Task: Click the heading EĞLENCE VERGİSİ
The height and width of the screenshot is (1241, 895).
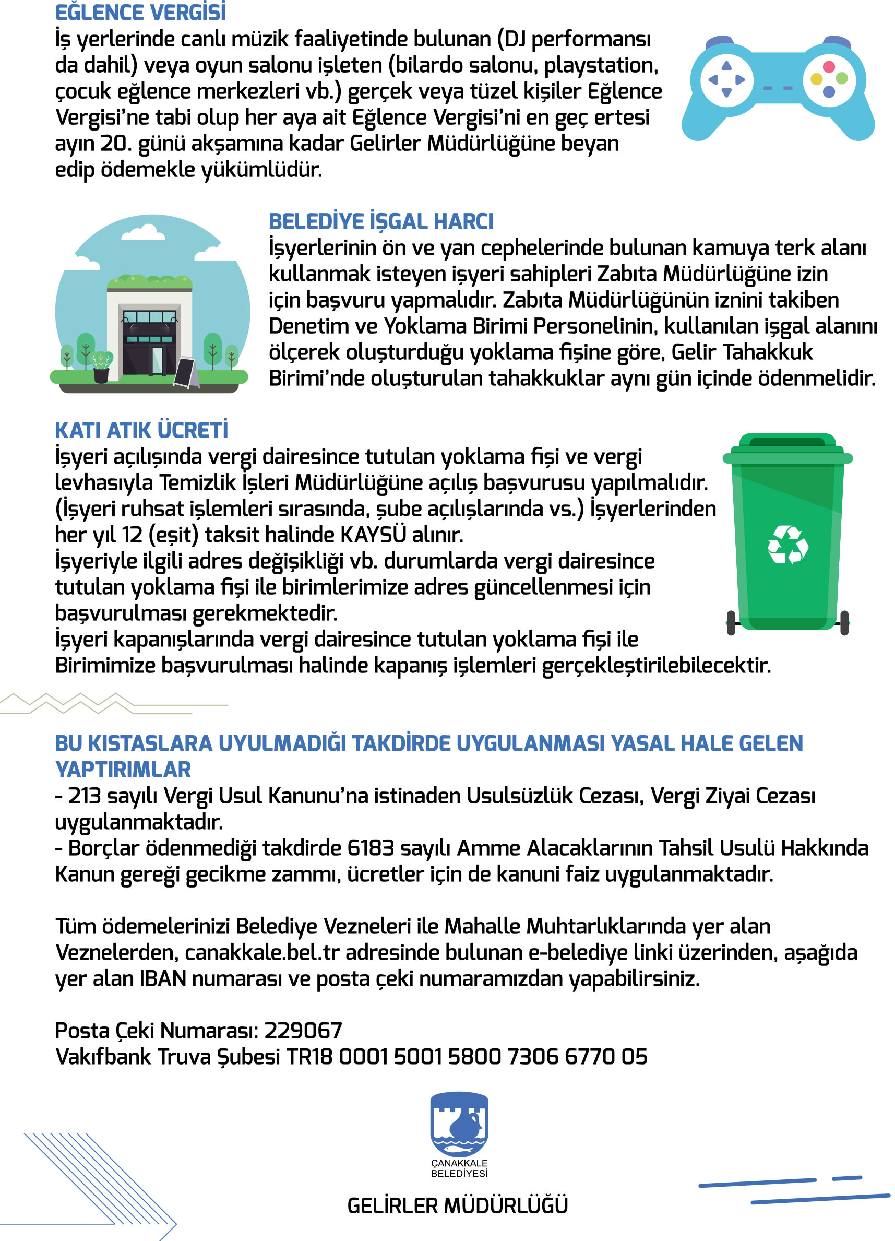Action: (x=140, y=13)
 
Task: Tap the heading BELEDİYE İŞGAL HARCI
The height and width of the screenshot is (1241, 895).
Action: (x=381, y=221)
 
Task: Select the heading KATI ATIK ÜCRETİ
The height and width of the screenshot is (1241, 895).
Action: (x=141, y=430)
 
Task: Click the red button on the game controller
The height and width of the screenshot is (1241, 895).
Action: (x=828, y=67)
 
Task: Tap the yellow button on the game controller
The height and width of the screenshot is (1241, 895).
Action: (x=816, y=79)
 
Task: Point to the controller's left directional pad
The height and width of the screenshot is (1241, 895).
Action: (x=726, y=80)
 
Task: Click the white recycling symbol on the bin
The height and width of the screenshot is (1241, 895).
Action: (x=788, y=545)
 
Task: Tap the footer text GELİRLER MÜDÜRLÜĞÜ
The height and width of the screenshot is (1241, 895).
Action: (x=457, y=1205)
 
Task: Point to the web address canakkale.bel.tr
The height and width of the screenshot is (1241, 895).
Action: (x=262, y=953)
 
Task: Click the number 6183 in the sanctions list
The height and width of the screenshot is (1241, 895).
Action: (x=371, y=848)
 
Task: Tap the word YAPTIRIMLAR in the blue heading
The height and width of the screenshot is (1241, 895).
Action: (x=123, y=770)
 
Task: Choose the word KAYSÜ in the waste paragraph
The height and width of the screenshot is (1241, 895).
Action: (x=373, y=535)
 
